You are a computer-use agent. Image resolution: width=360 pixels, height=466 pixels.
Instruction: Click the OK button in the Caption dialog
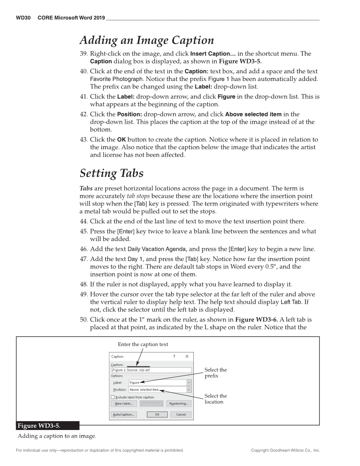coord(157,415)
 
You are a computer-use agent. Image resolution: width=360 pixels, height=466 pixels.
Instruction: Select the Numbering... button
coord(179,404)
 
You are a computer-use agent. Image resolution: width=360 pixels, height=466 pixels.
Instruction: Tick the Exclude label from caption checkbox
coord(113,397)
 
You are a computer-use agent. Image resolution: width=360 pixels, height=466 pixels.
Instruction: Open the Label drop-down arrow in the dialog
coord(189,383)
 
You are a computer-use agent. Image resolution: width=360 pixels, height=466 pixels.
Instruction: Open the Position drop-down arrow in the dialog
coord(189,390)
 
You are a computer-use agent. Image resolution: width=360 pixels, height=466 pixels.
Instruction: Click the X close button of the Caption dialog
coord(187,357)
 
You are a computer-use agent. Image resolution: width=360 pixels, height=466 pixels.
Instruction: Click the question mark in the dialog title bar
coord(174,357)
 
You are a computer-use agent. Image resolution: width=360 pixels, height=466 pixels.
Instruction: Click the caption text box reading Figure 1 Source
coord(151,370)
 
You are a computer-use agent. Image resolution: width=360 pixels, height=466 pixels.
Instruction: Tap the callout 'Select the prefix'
coord(215,373)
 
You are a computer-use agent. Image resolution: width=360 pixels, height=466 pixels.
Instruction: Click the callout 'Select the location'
coord(215,399)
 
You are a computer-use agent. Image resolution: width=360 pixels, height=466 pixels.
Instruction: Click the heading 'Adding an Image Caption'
coord(146,41)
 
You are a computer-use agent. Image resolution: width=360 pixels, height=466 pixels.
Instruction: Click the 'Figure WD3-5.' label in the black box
coord(42,425)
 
